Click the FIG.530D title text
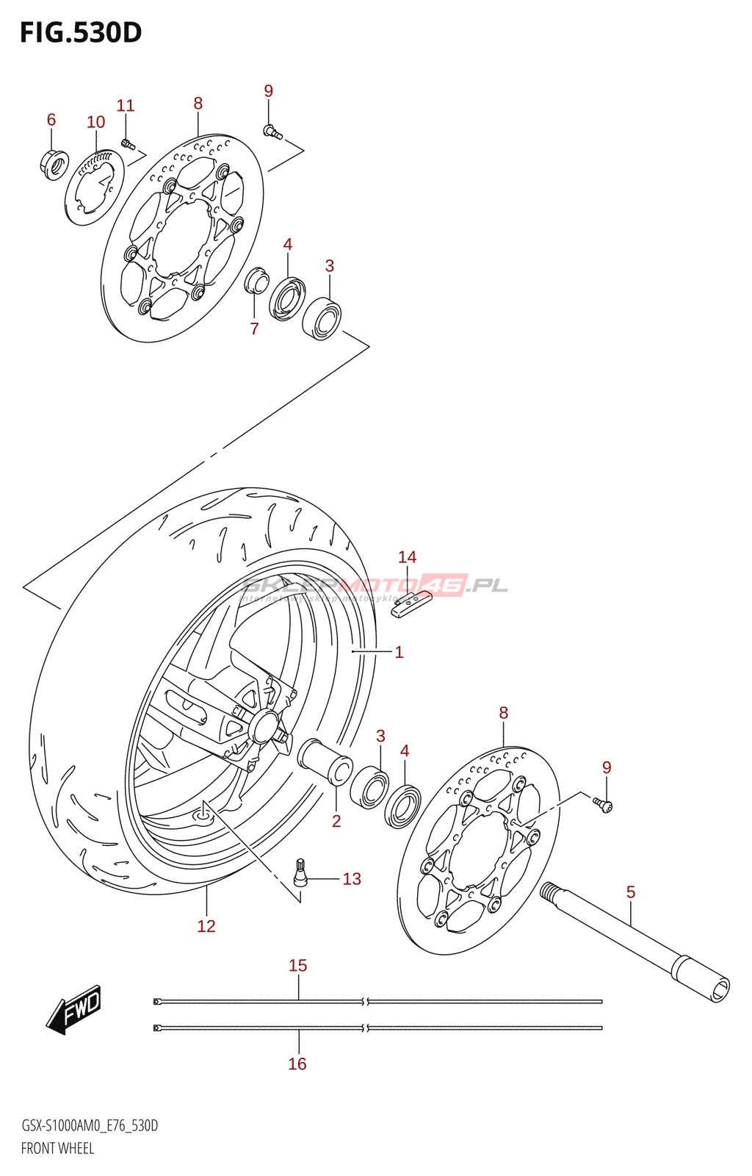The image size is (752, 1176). point(81,33)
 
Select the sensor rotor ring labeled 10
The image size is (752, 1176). point(94,187)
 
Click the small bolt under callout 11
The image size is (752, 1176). point(127,143)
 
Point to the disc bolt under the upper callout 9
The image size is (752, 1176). point(272,132)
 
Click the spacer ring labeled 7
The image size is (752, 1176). point(256,281)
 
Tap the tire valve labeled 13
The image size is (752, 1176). point(300,872)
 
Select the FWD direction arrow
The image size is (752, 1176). point(74,1009)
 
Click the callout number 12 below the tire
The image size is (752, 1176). point(206,926)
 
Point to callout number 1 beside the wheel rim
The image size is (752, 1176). point(399,652)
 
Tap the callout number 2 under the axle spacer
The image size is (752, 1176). point(336,821)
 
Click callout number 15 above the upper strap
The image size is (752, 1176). point(297,965)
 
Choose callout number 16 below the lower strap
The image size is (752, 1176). point(297,1064)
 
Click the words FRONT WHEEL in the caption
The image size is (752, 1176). point(58,1148)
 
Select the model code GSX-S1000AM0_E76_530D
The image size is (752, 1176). point(90,1126)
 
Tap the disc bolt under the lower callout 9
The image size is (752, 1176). point(604,806)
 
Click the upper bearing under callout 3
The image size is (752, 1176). point(322,318)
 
